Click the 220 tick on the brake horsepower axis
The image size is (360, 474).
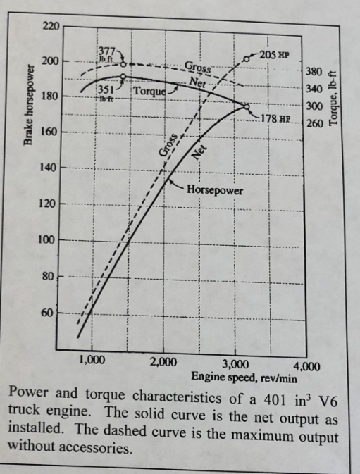click(x=49, y=26)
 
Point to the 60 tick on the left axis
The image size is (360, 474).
click(x=48, y=312)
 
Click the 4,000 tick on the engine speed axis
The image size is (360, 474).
click(x=306, y=366)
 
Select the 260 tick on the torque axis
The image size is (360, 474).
click(x=314, y=123)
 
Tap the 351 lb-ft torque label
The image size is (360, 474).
click(x=106, y=93)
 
